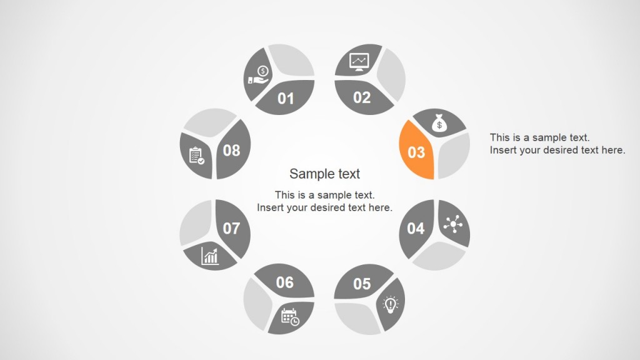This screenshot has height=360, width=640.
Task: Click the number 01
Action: [x=286, y=99]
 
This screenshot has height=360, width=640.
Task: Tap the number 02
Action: [x=362, y=97]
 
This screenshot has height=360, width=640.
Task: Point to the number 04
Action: [x=416, y=228]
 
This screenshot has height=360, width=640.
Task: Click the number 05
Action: [x=362, y=284]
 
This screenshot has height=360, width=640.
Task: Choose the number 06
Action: [x=284, y=282]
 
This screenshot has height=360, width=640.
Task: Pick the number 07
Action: [x=231, y=229]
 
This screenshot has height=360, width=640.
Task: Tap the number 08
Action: [x=231, y=150]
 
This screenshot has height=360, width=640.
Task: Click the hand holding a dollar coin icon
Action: [x=258, y=75]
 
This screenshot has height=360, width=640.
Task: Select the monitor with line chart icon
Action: [x=359, y=62]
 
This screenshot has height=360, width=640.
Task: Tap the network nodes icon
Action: [x=452, y=224]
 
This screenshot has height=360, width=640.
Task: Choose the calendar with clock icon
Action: [x=290, y=317]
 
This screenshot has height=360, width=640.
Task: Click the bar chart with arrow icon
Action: [x=210, y=255]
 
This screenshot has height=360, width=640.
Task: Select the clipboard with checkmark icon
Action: [x=196, y=155]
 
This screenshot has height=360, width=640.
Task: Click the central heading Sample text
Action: [x=324, y=174]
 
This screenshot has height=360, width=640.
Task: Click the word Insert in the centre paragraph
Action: [x=271, y=207]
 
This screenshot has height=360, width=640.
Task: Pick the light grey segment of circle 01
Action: [x=290, y=61]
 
